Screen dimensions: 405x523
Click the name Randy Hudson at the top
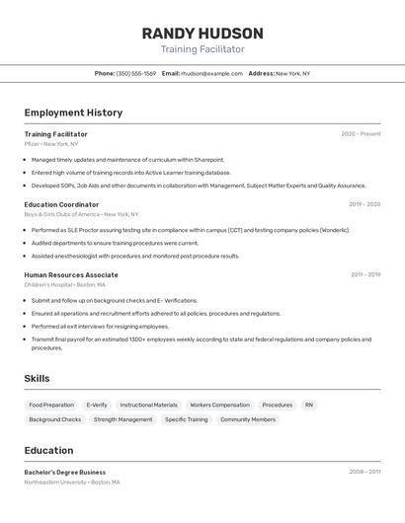[x=202, y=33]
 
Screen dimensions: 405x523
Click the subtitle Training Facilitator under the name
[x=202, y=49]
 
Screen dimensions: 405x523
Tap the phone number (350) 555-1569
[x=135, y=73]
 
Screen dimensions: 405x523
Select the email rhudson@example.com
[x=210, y=73]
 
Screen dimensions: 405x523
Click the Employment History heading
[x=73, y=112]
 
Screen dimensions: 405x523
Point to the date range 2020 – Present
[x=361, y=134]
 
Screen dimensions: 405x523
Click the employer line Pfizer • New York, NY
[x=51, y=144]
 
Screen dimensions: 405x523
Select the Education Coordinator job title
[x=61, y=204]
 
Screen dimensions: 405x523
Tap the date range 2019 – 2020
[x=364, y=204]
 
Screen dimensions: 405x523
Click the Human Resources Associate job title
[x=71, y=275]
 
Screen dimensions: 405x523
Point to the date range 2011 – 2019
[x=364, y=275]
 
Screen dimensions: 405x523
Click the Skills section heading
[x=37, y=378]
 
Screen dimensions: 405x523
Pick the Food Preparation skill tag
[x=51, y=405]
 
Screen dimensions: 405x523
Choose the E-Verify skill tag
[x=97, y=405]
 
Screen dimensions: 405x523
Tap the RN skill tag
[x=309, y=405]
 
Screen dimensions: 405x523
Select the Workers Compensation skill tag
[x=219, y=405]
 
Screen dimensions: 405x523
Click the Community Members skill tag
[x=248, y=419]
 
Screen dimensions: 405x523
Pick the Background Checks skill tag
[x=55, y=419]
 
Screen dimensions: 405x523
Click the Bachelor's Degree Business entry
[x=65, y=472]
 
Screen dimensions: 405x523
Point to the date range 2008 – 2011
[x=364, y=472]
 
